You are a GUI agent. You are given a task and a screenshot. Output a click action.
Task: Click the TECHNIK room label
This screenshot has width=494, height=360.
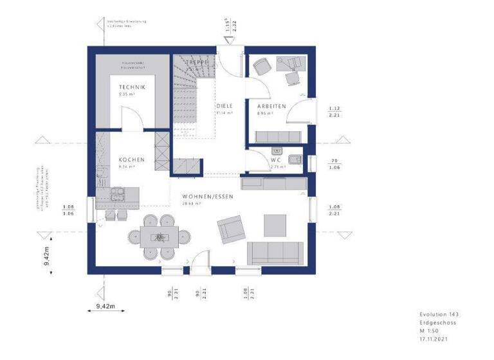coord(131,87)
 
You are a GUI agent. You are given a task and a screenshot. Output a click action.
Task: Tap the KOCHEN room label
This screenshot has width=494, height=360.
coord(131,159)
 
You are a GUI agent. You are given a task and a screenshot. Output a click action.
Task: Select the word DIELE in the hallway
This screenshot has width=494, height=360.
coord(224,105)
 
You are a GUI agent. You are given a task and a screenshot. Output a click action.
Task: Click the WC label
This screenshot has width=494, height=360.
coord(277,159)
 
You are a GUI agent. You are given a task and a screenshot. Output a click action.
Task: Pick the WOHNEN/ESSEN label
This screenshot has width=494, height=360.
coord(207,196)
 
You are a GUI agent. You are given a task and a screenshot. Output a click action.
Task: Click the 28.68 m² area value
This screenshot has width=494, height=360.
coord(191,203)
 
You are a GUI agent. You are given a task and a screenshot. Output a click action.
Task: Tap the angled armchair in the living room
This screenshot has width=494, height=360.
coord(231,228)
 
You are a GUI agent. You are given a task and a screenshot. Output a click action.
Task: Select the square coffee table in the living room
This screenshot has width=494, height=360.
coord(275,224)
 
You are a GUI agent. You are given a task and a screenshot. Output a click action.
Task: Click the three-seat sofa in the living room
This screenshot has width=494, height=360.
coord(277,253)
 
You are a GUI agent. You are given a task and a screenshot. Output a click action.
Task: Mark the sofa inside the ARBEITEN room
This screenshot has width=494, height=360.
coord(279,136)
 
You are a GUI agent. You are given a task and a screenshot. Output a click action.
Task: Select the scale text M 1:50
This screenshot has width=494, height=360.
coord(428,330)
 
